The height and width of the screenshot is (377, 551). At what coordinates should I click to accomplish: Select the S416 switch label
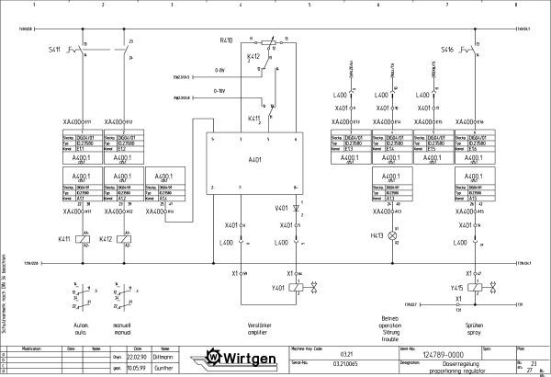click(x=447, y=49)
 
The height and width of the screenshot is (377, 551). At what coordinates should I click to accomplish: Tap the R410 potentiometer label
click(x=227, y=41)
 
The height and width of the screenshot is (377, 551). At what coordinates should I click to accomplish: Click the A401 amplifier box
click(x=253, y=162)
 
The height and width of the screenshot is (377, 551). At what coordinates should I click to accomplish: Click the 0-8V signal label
click(x=219, y=69)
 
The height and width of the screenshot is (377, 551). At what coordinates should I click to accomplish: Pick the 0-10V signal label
click(x=219, y=91)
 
